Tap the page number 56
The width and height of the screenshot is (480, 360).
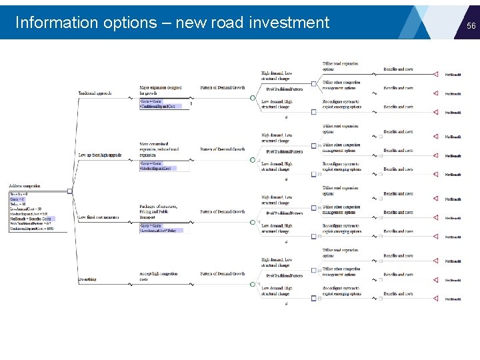coord(471,25)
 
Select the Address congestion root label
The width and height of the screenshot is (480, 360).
coord(25,185)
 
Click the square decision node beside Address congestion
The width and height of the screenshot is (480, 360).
coord(70,191)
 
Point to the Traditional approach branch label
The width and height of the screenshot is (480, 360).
coord(95,93)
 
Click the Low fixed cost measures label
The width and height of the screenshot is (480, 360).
coord(98,217)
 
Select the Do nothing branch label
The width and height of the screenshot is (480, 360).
coord(87,279)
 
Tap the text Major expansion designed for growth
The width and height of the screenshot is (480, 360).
coord(160,91)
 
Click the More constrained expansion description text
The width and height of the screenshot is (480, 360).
coord(159,149)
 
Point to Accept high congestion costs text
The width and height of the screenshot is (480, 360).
coord(159,277)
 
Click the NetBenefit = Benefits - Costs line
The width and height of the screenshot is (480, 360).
coord(31,219)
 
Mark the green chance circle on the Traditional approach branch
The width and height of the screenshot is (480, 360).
coord(253,98)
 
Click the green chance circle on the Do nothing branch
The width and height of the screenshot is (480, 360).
coord(253,284)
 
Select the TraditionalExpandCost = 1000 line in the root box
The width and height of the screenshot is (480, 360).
coord(31,229)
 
